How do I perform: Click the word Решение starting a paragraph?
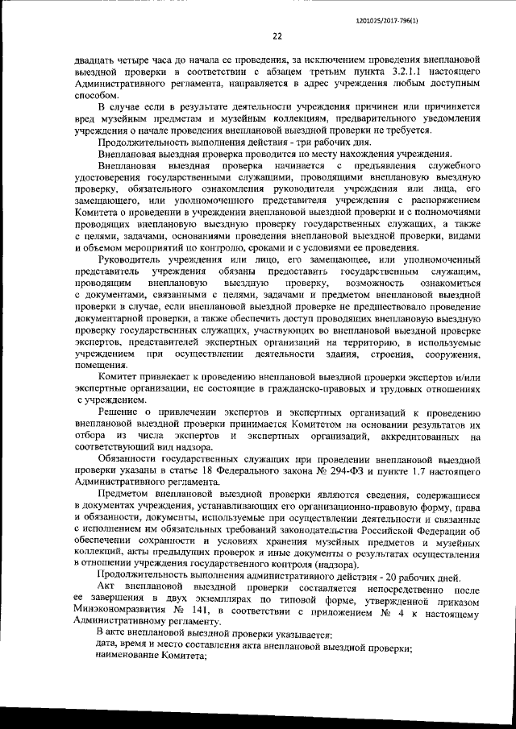[122, 413]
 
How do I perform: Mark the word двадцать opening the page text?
[95, 61]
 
